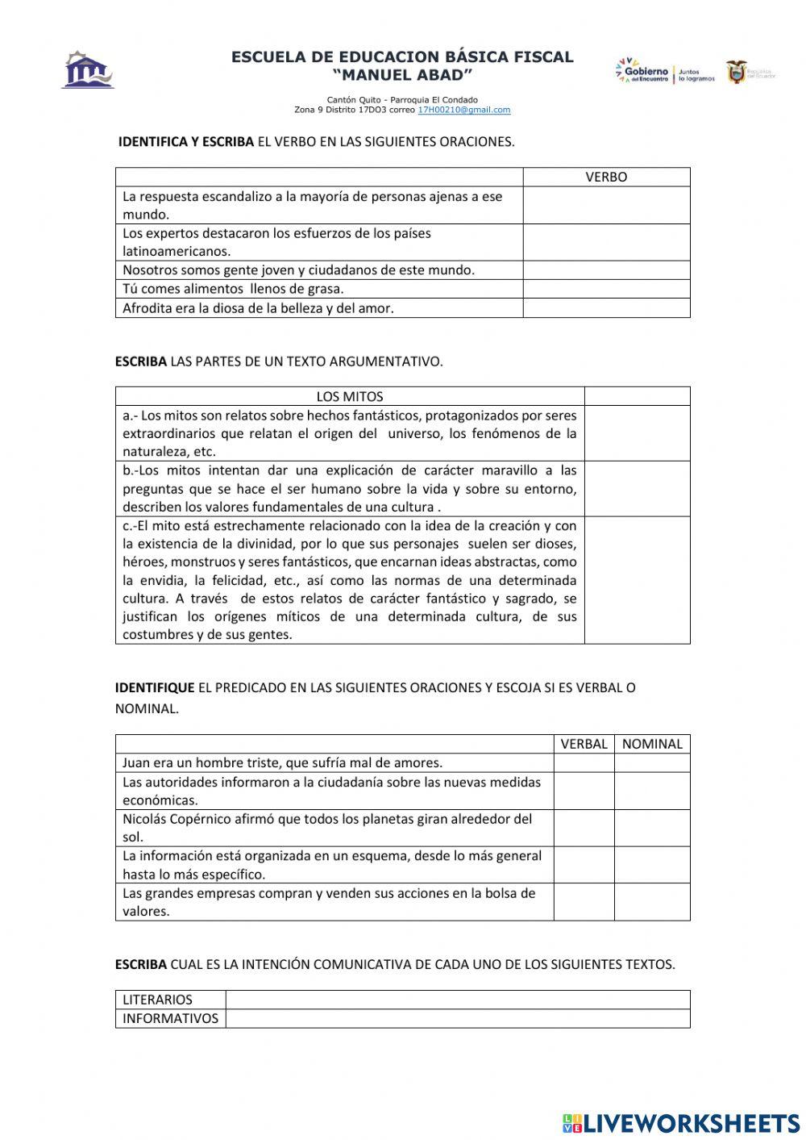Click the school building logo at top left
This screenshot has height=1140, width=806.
pos(88,70)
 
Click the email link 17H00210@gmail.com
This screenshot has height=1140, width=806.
pos(463,110)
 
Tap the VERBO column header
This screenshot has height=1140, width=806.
pos(606,177)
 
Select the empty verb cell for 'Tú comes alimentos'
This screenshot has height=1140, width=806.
pos(606,289)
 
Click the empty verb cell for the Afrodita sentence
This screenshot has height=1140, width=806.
pos(606,308)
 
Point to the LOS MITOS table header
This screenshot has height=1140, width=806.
pos(349,397)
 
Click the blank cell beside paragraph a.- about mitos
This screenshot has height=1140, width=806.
pos(637,433)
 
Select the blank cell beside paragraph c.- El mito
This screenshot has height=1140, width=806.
pos(637,580)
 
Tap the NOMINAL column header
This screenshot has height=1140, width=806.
pos(652,744)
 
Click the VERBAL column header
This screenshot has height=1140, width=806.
pos(584,744)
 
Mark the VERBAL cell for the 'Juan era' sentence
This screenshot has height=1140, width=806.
pos(584,763)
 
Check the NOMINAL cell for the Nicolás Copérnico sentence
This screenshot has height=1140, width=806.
pos(652,828)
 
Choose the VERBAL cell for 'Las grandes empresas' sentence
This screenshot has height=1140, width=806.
pos(584,902)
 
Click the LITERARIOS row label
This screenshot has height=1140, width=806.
pos(158,1000)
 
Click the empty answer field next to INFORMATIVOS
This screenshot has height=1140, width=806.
pos(457,1018)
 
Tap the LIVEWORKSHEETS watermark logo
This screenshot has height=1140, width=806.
pos(681,1123)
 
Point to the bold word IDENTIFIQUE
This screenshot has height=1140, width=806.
pos(155,688)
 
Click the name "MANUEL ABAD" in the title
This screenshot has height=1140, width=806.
pos(402,75)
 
